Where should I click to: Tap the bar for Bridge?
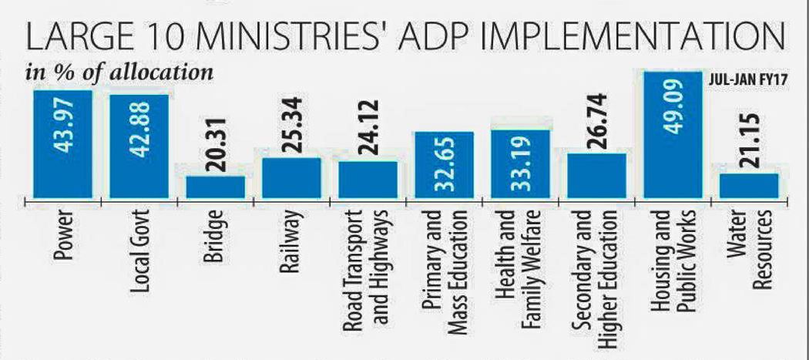(x=215, y=187)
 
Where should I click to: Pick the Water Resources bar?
(x=749, y=186)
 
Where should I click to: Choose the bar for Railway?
(x=291, y=178)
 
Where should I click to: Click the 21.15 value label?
(x=750, y=140)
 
